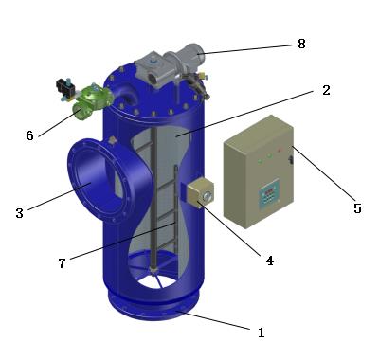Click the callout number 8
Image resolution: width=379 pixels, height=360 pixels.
(301, 44)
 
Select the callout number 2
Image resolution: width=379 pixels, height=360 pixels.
(326, 90)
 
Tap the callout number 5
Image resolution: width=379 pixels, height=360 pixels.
(357, 208)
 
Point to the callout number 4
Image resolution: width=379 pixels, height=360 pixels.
(269, 261)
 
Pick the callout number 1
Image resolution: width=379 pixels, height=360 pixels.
(261, 333)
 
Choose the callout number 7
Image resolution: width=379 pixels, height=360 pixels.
(62, 263)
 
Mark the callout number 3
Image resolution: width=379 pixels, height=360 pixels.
(19, 213)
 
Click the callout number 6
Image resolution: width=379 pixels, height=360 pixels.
(29, 135)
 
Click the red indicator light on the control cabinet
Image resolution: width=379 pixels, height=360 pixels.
(279, 151)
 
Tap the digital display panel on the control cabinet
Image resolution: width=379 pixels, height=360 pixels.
(269, 193)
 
